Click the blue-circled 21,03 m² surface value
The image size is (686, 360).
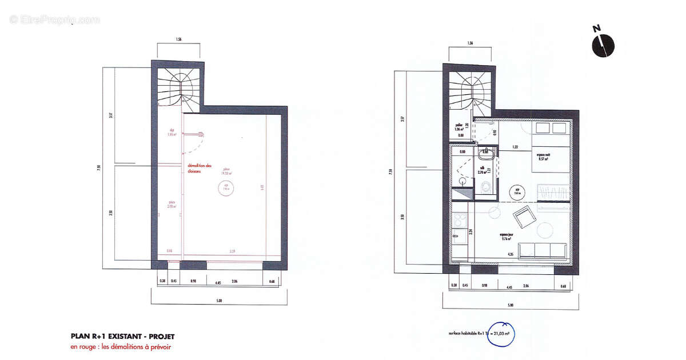click(497, 331)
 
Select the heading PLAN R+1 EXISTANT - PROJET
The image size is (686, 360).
click(122, 337)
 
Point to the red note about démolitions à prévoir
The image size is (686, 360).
click(121, 346)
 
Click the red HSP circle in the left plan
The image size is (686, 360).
click(226, 187)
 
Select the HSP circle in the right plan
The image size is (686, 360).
click(517, 193)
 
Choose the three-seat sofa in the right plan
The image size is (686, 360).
click(544, 250)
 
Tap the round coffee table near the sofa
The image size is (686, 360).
click(545, 230)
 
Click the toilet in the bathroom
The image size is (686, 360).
click(485, 187)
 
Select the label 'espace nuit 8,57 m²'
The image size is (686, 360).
click(543, 157)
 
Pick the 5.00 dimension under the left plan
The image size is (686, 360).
click(218, 301)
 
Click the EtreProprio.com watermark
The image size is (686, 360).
click(54, 19)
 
